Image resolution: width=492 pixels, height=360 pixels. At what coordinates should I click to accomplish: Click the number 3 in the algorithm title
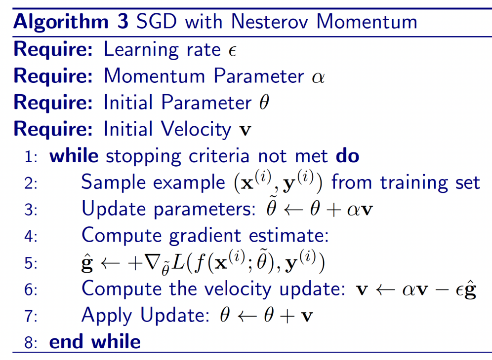(x=123, y=22)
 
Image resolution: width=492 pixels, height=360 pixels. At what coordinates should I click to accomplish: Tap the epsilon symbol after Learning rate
(x=232, y=51)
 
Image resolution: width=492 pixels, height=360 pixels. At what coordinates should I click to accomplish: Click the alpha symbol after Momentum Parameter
(x=318, y=77)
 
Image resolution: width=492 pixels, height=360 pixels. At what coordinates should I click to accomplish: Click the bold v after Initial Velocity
(x=246, y=130)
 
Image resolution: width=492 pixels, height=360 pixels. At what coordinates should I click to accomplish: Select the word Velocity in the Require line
(x=196, y=129)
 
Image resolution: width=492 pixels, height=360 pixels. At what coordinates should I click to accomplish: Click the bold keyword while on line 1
(x=74, y=156)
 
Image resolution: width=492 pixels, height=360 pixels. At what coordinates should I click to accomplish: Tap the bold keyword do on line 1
(x=347, y=156)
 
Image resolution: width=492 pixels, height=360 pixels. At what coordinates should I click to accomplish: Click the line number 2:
(x=31, y=183)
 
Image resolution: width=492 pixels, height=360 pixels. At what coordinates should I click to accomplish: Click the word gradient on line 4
(x=205, y=236)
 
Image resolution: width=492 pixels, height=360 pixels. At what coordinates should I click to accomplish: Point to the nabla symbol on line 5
(x=152, y=262)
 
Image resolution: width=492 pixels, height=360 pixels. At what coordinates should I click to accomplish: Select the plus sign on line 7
(x=287, y=316)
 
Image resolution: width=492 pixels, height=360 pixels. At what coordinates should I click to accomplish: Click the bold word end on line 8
(x=66, y=342)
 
